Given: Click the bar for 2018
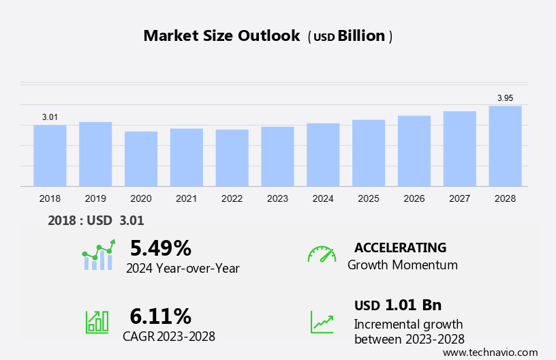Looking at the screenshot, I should tap(50, 155).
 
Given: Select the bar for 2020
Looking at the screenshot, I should tap(141, 159).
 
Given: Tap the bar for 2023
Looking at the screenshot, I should tap(277, 156).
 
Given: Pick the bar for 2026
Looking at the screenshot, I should tap(414, 151).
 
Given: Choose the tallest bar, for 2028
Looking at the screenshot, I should tap(505, 146).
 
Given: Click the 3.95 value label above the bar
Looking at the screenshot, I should tap(505, 98).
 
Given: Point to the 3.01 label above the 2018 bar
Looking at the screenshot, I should tap(50, 117).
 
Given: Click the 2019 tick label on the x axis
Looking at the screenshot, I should tap(95, 198).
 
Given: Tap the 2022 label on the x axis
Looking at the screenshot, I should tap(232, 198).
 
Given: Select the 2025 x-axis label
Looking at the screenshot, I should tap(369, 198).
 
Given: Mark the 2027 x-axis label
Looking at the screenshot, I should tap(460, 198).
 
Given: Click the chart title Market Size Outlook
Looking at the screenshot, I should tap(221, 36).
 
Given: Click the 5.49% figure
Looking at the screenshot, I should tap(161, 247).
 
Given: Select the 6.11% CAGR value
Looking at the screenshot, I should tap(161, 316).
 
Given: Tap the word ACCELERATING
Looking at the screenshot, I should tap(400, 247).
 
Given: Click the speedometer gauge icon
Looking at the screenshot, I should tap(322, 254).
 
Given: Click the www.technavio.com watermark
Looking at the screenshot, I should tap(490, 352).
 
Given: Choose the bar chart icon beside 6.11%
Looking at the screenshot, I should tap(97, 321).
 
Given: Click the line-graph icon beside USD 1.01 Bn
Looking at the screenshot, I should tap(322, 321).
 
